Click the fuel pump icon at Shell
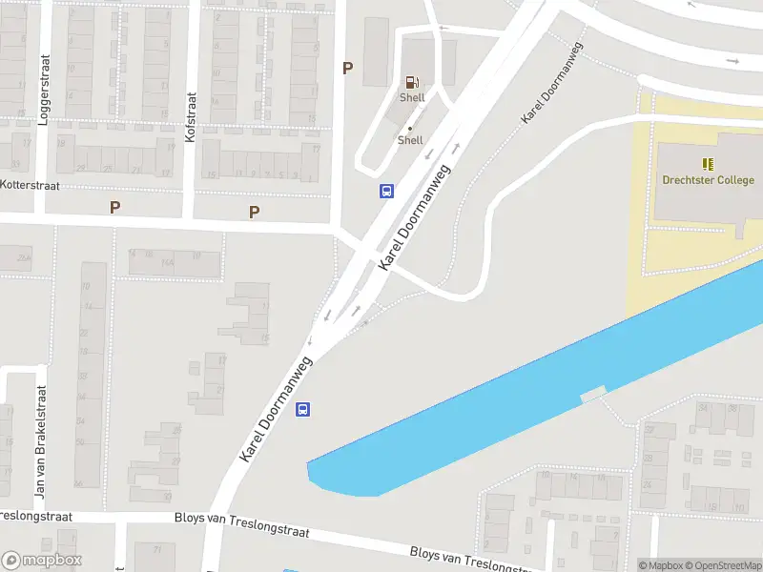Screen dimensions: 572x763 [412, 83]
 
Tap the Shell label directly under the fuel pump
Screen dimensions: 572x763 [412, 97]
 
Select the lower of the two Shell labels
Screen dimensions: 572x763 [410, 140]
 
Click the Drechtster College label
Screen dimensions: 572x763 [708, 180]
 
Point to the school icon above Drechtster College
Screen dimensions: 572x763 [708, 164]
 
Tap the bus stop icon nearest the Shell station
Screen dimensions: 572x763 [386, 191]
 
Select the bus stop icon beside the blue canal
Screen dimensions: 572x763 [302, 410]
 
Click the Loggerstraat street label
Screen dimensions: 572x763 [43, 85]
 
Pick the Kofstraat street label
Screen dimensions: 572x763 [190, 117]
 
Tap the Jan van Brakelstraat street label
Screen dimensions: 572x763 [40, 442]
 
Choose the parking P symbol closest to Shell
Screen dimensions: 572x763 [347, 68]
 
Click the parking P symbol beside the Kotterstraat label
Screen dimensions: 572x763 [114, 207]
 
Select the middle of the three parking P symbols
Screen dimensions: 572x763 [254, 212]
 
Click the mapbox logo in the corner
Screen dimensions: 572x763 [42, 561]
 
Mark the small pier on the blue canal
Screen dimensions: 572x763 [593, 392]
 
